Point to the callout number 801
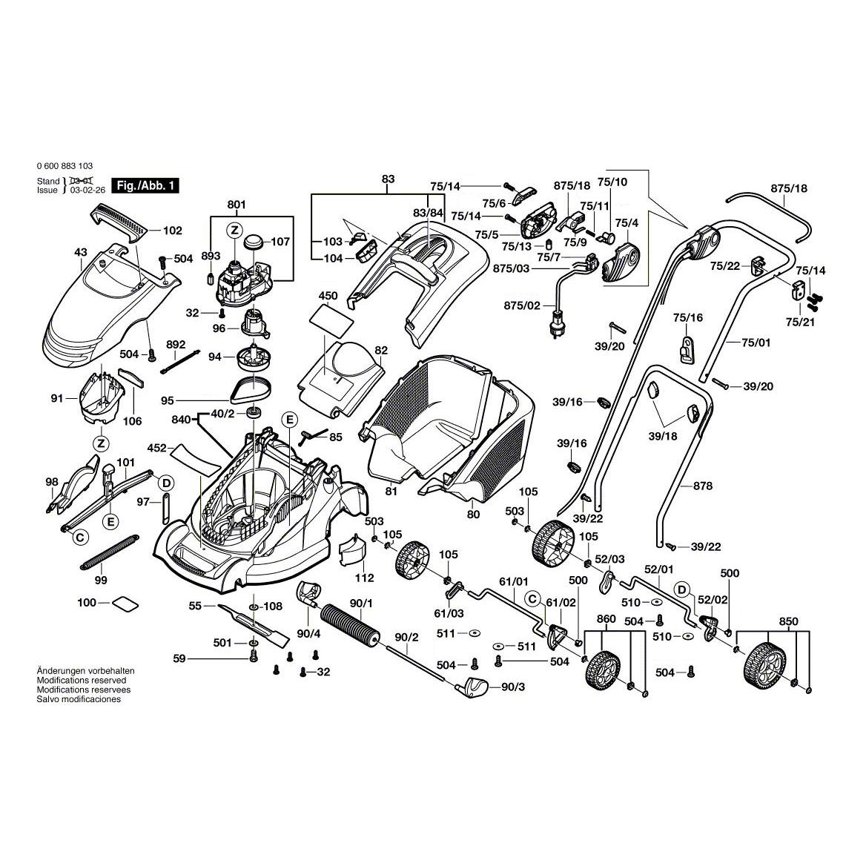pos(236,204)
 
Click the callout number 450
pos(328,296)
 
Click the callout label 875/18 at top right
pos(789,188)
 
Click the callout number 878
pos(703,486)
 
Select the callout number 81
pos(391,490)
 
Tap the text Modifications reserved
pos(82,680)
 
